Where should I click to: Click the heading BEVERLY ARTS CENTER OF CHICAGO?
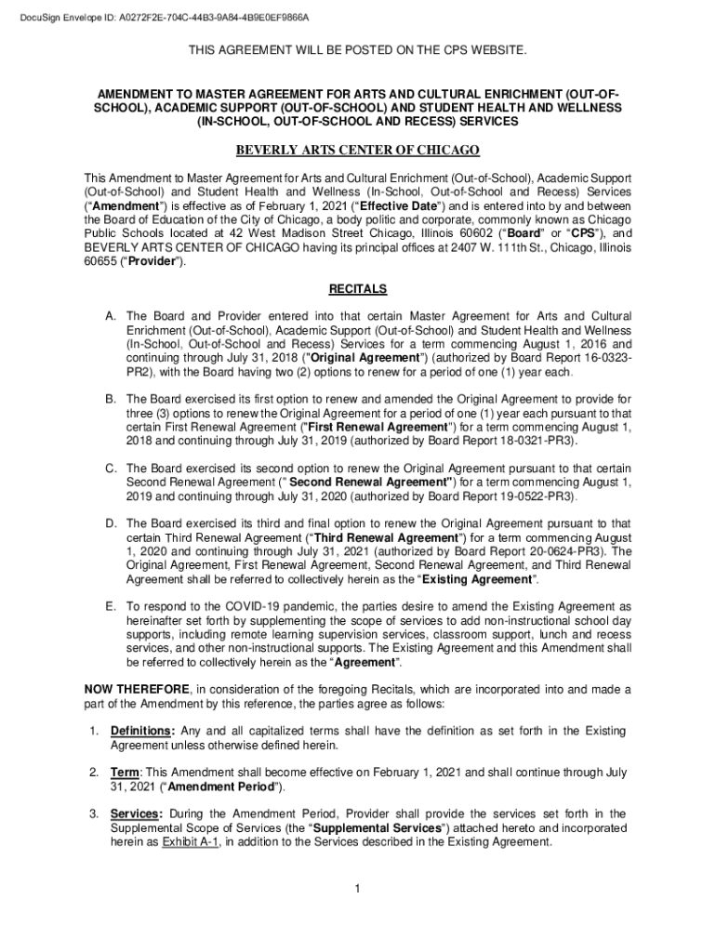[358, 151]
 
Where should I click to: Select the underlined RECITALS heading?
[358, 289]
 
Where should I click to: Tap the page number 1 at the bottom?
[357, 890]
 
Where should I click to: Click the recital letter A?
[109, 316]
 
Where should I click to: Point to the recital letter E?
[109, 606]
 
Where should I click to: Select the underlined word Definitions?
[141, 731]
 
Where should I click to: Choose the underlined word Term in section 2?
[125, 773]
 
